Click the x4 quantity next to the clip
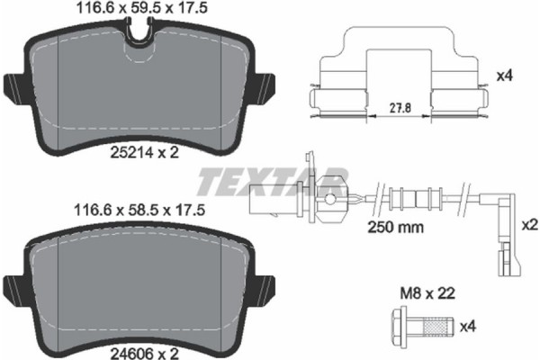pos(505,77)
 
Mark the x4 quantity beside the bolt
pos(467,326)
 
